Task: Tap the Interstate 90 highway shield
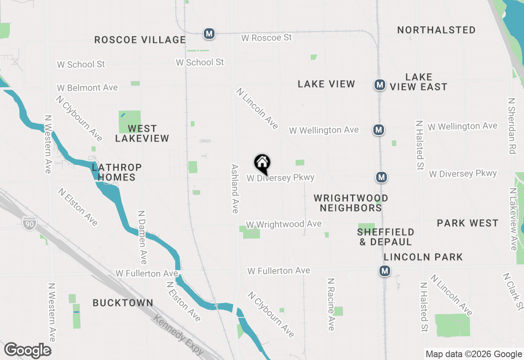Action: click(x=29, y=223)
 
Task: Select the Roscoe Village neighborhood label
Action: click(x=140, y=40)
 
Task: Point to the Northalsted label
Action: click(x=436, y=30)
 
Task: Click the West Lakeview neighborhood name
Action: click(x=142, y=133)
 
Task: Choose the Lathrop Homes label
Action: click(x=117, y=172)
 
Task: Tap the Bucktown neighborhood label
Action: click(x=123, y=303)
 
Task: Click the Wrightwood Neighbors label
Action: click(x=351, y=203)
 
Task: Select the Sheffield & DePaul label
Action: click(x=386, y=237)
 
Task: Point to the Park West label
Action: click(x=468, y=223)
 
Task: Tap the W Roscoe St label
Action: click(x=267, y=38)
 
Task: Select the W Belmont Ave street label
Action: click(x=87, y=88)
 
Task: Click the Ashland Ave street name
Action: click(x=235, y=189)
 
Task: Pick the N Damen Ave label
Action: click(x=142, y=237)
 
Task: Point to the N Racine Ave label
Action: click(x=331, y=304)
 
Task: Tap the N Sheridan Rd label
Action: click(x=511, y=126)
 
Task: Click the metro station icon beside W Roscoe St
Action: click(x=209, y=34)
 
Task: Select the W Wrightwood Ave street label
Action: click(x=284, y=224)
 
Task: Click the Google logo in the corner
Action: click(x=27, y=351)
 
